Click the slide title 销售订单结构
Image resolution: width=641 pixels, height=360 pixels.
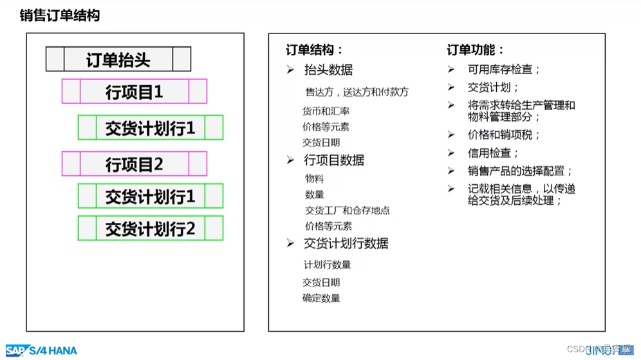point(60,15)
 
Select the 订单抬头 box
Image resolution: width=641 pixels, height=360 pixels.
point(118,60)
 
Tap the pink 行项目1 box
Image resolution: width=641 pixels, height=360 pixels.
point(135,91)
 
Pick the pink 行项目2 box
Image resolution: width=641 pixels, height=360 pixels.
point(135,164)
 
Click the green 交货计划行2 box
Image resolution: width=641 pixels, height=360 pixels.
point(151,229)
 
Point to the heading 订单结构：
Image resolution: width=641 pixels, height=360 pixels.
point(315,50)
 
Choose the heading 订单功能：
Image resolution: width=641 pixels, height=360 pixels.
point(476,50)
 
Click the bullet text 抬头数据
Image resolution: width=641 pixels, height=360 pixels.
point(328,70)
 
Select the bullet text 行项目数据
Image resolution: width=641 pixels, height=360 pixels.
point(334,160)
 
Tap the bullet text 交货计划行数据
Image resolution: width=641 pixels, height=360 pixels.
point(346,243)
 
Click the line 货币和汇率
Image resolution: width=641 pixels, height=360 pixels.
point(326,111)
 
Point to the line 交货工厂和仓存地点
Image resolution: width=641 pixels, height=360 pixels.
point(348,211)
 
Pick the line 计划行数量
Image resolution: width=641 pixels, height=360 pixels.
point(328,265)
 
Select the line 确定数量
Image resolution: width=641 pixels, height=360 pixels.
point(322,298)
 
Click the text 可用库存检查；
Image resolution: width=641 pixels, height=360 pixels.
point(504,70)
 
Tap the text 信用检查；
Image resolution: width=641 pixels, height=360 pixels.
point(493,153)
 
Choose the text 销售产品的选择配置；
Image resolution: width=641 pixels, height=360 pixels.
point(520,171)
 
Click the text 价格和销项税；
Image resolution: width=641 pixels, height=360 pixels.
point(504,135)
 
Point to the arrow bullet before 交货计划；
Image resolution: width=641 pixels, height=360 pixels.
point(451,88)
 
